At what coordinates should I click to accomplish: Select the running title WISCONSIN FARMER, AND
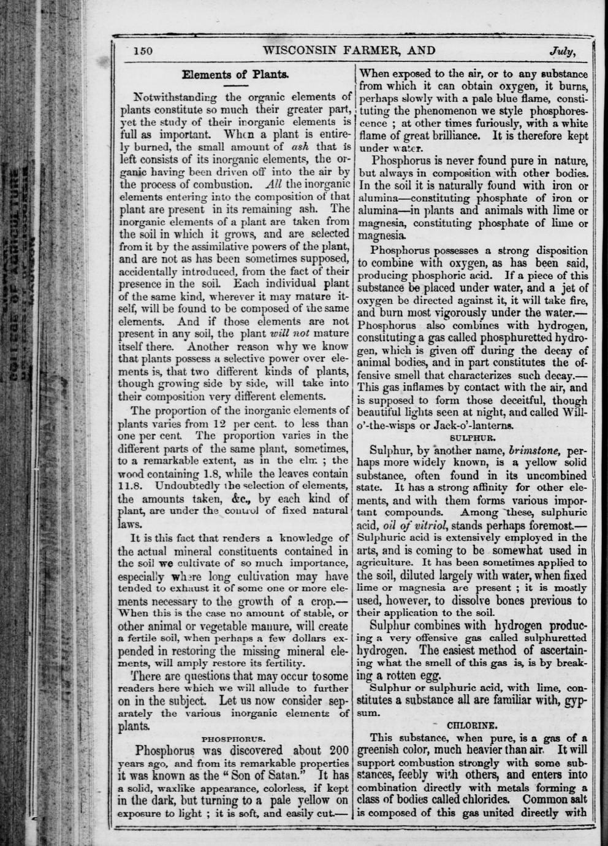349,50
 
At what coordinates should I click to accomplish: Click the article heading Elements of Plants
235,75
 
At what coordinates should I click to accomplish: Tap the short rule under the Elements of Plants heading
235,87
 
